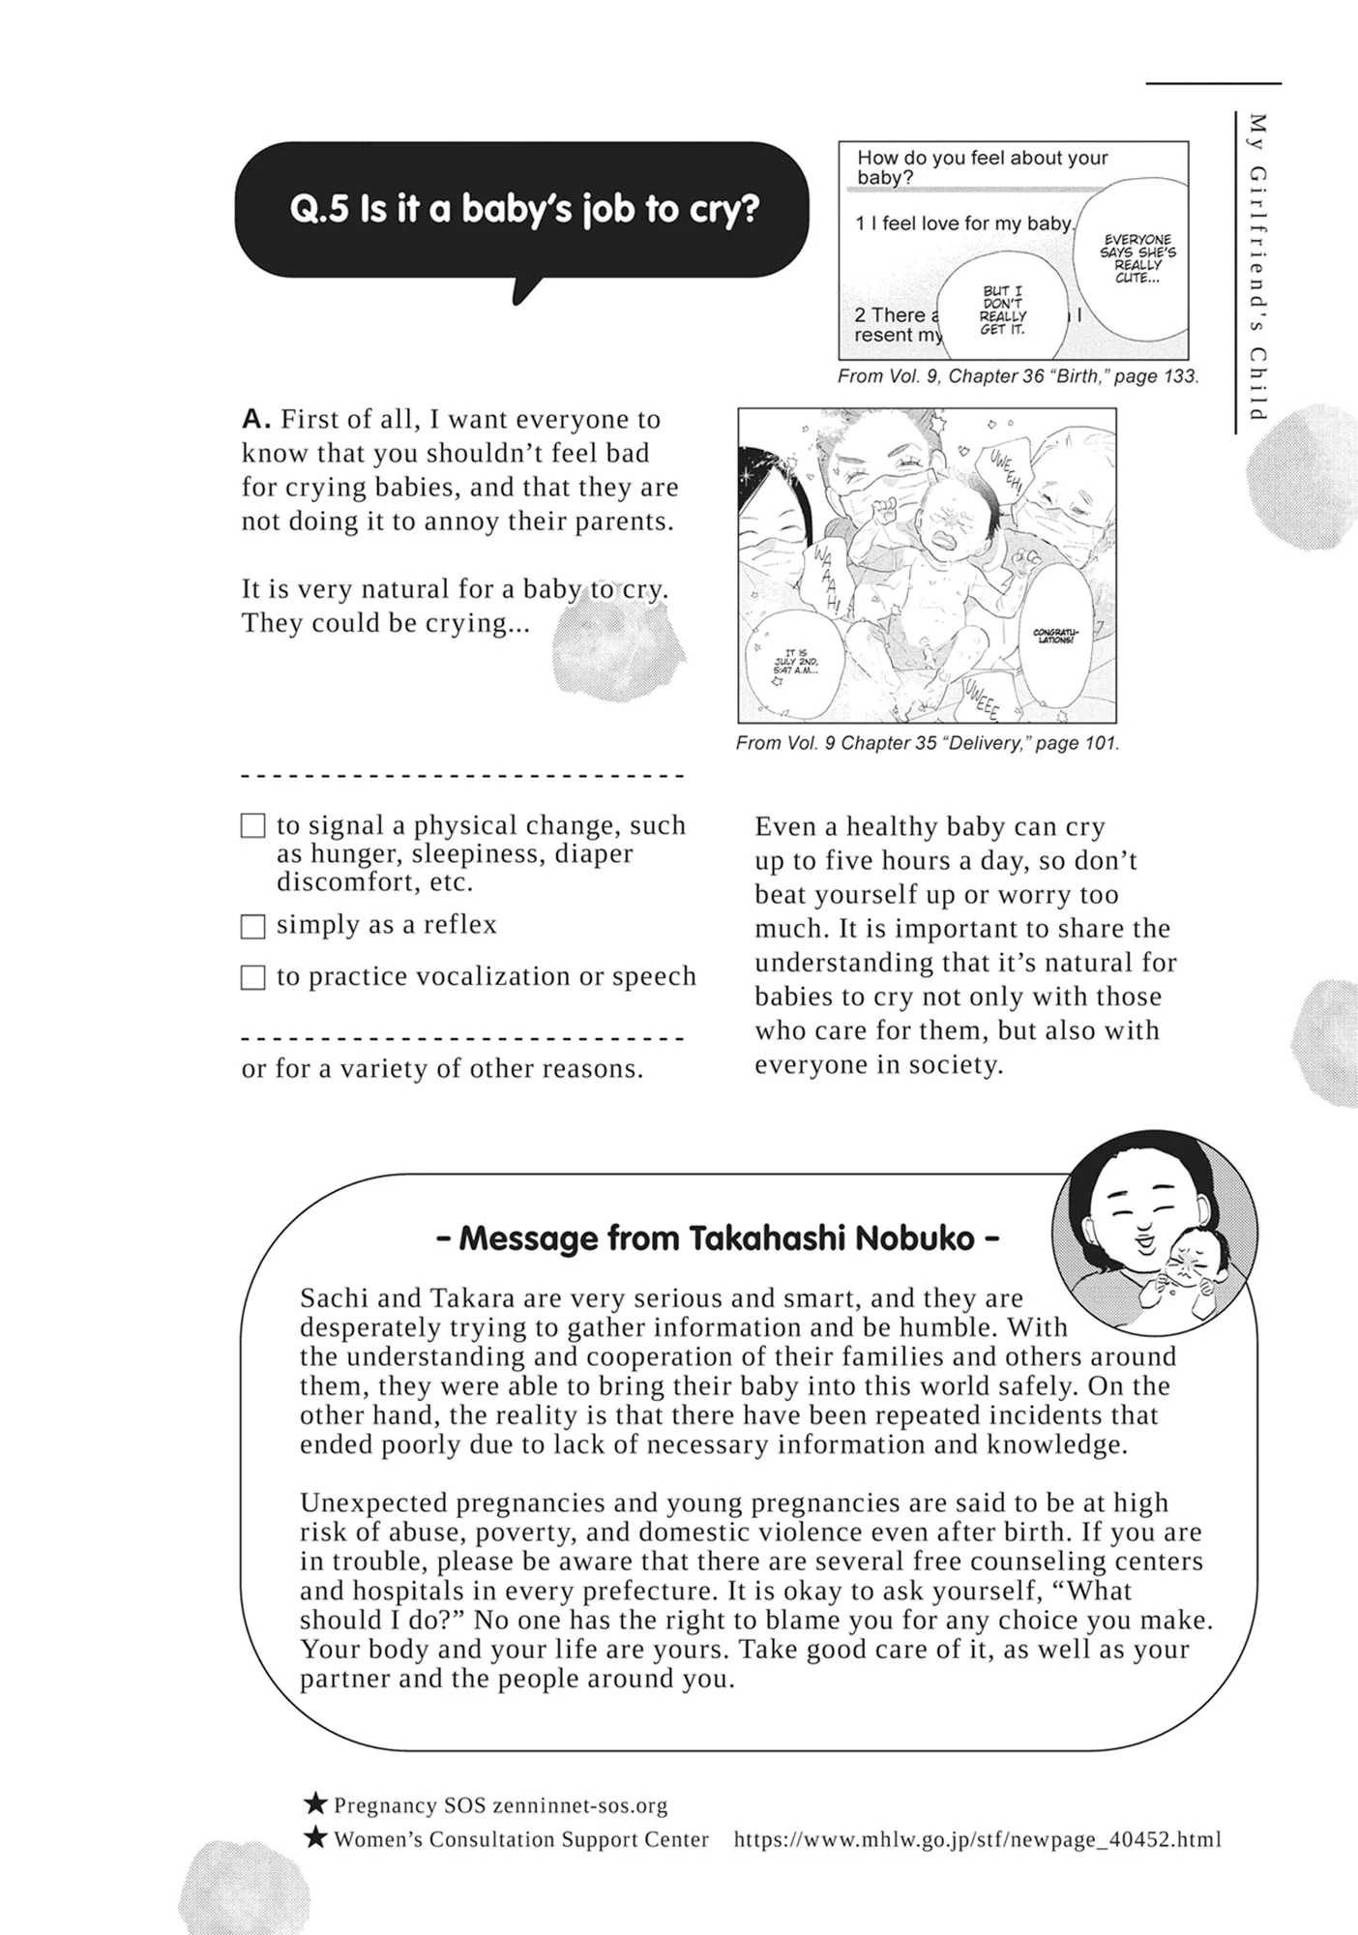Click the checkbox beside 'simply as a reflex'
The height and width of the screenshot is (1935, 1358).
tap(252, 927)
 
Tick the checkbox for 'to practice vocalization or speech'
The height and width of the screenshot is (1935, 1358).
tap(252, 978)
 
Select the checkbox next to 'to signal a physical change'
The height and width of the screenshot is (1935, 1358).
tap(252, 826)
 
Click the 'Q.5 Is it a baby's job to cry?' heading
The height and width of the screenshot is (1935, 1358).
tap(523, 209)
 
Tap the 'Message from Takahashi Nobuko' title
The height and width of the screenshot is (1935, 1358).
tap(718, 1238)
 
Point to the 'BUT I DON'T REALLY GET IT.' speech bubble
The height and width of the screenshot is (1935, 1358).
tap(1002, 311)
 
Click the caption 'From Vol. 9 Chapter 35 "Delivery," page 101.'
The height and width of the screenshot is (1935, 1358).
tap(927, 743)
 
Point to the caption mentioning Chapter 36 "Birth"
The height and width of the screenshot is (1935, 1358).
tap(1018, 376)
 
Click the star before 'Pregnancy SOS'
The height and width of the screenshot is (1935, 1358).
tap(315, 1803)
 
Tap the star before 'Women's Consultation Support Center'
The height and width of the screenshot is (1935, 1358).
tap(315, 1837)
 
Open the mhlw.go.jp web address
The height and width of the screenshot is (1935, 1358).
tap(977, 1839)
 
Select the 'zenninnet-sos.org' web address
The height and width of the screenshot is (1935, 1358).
tap(579, 1805)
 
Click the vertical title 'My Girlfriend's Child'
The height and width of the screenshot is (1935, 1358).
tap(1257, 267)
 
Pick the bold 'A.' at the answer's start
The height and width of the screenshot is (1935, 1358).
tap(255, 420)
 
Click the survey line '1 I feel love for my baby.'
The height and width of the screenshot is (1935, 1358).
tap(962, 223)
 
